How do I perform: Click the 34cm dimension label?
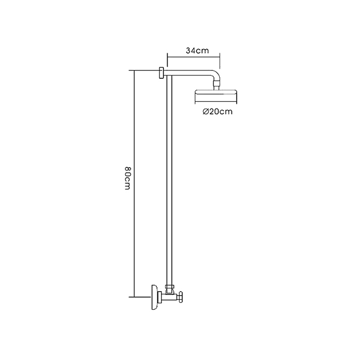pos(197,50)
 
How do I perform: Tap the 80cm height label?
pos(128,178)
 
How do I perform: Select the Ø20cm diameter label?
pos(218,112)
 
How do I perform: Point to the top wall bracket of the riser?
pos(161,73)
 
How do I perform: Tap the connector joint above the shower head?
pos(217,85)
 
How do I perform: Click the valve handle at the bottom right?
pos(182,297)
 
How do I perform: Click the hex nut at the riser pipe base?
pos(170,286)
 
